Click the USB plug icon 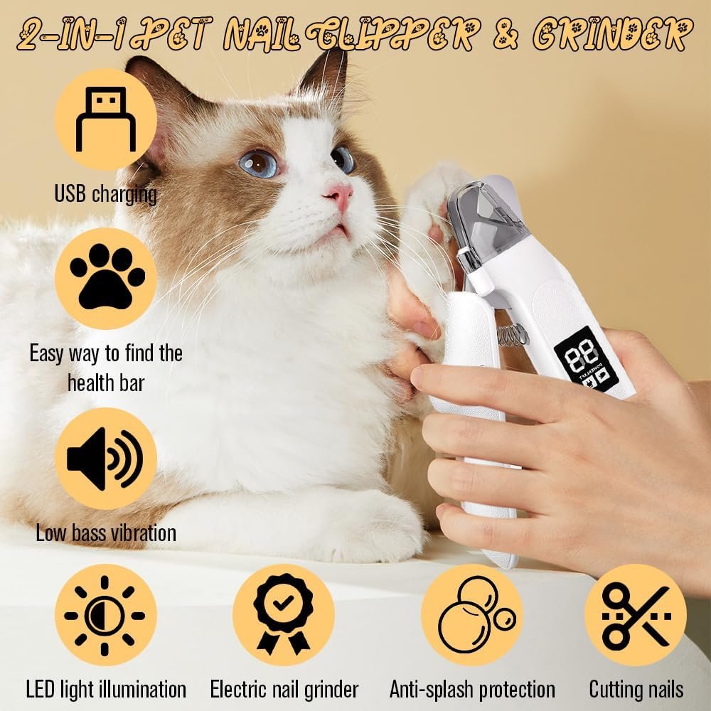(x=106, y=119)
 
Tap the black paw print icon (x=107, y=277)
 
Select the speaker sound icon (x=105, y=459)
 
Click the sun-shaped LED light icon (x=105, y=615)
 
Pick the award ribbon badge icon (x=284, y=614)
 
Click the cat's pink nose (x=340, y=196)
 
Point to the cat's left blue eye (x=259, y=164)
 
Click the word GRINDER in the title (x=613, y=34)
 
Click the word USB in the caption (x=70, y=194)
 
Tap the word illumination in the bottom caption (x=142, y=689)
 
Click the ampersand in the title (x=505, y=34)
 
